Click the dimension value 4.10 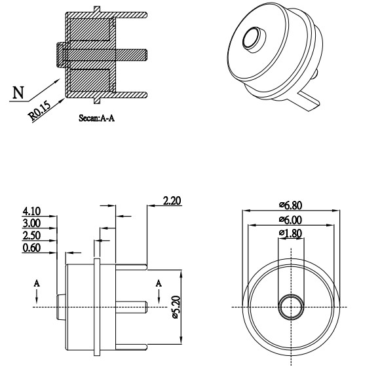(x=31, y=211)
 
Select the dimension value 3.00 (x=31, y=223)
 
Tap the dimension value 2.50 (x=31, y=236)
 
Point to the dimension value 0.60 (x=31, y=248)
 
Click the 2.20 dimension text (x=172, y=201)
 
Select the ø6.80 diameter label (x=291, y=205)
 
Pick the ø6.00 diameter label (x=291, y=220)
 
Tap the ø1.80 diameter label (x=290, y=234)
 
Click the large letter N (x=20, y=93)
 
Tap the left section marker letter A (x=37, y=283)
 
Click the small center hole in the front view (x=291, y=306)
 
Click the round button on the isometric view (x=253, y=39)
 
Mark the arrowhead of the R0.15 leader (x=66, y=97)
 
